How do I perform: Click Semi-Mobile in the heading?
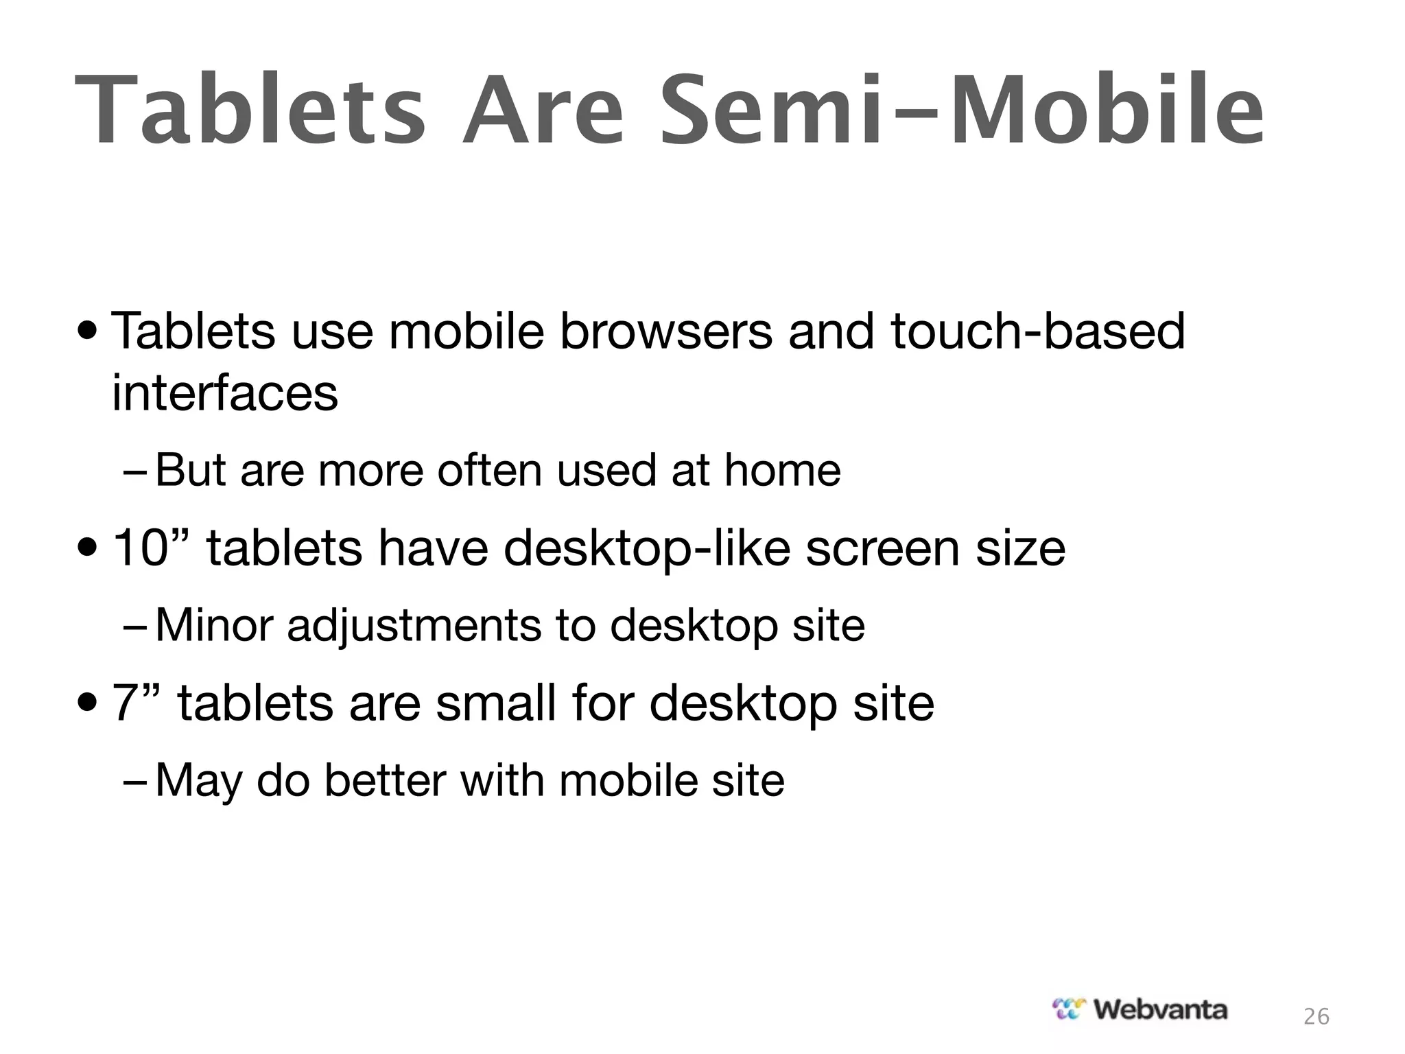(960, 111)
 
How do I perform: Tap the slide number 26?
(1316, 1016)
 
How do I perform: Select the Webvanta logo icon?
(1069, 1009)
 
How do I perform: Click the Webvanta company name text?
(1160, 1009)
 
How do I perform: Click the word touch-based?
(1038, 331)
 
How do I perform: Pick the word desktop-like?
(647, 549)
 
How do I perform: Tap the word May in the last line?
(198, 782)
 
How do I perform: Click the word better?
(384, 780)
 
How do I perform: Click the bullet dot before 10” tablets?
(88, 549)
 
